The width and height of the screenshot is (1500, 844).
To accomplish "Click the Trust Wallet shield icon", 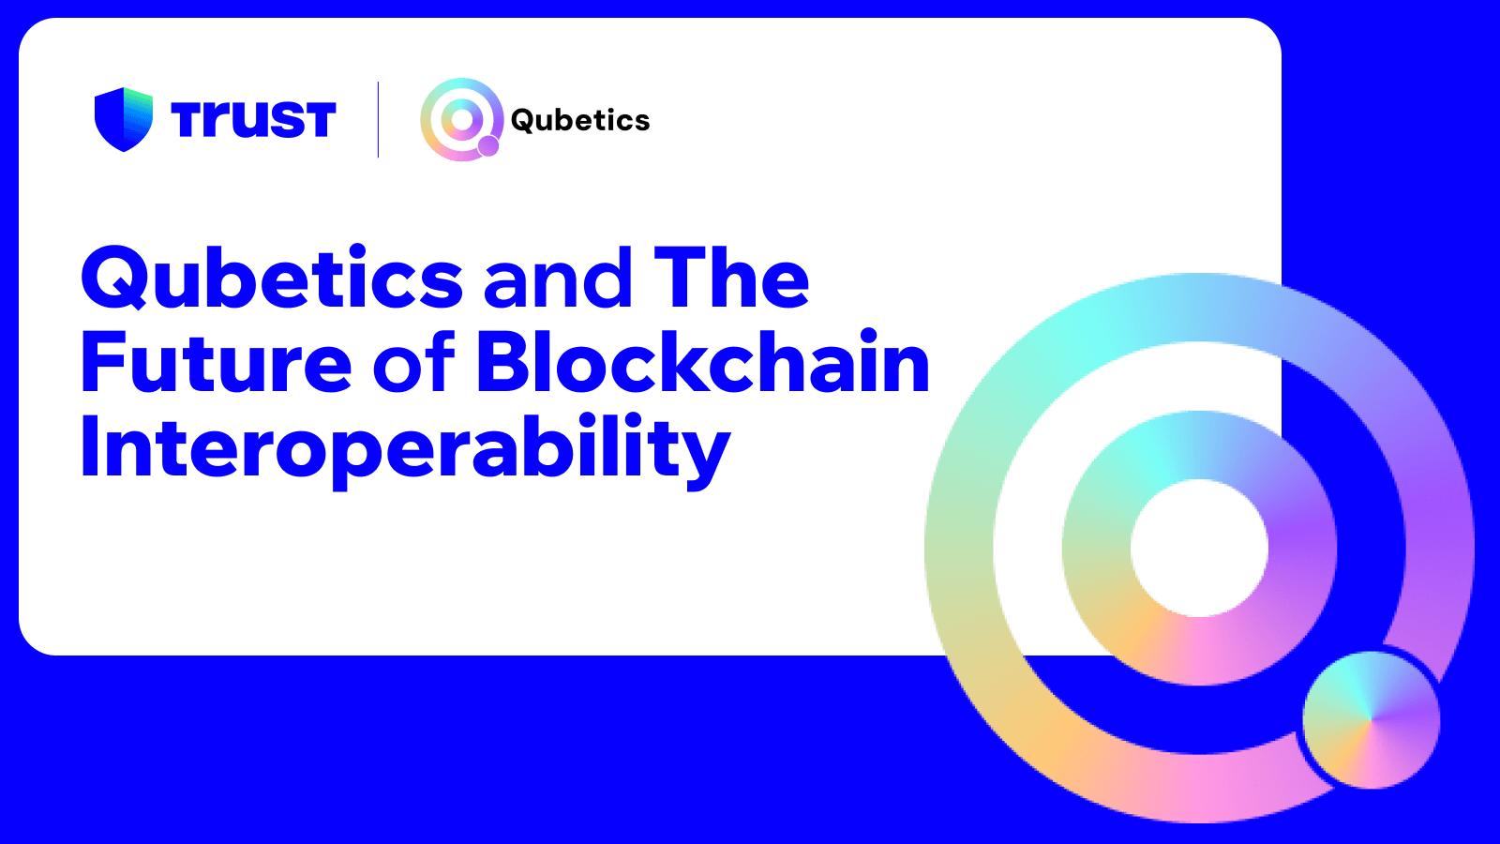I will pyautogui.click(x=123, y=119).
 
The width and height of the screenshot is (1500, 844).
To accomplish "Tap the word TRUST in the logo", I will pyautogui.click(x=253, y=120).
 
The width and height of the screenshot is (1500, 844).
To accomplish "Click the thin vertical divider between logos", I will pyautogui.click(x=378, y=119).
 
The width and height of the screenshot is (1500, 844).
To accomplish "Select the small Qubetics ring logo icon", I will pyautogui.click(x=461, y=119).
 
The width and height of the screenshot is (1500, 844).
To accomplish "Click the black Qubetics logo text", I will pyautogui.click(x=579, y=120).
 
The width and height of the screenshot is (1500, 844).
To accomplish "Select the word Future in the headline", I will pyautogui.click(x=216, y=363).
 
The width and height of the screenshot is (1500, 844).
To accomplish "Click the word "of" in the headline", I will pyautogui.click(x=413, y=363).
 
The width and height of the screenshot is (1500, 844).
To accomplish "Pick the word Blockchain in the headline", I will pyautogui.click(x=703, y=363).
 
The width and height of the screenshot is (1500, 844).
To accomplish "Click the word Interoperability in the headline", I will pyautogui.click(x=405, y=448).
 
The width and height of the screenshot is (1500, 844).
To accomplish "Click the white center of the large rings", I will pyautogui.click(x=1199, y=548).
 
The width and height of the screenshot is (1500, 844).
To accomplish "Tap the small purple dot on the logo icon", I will pyautogui.click(x=488, y=145).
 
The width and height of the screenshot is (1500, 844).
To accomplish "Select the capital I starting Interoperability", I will pyautogui.click(x=89, y=448).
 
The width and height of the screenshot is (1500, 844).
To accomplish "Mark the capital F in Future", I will pyautogui.click(x=102, y=363).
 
